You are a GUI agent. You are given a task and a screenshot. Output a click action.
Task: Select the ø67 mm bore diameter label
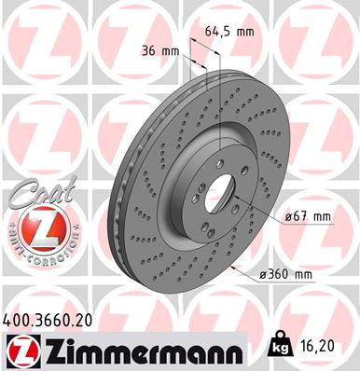tap(307, 216)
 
